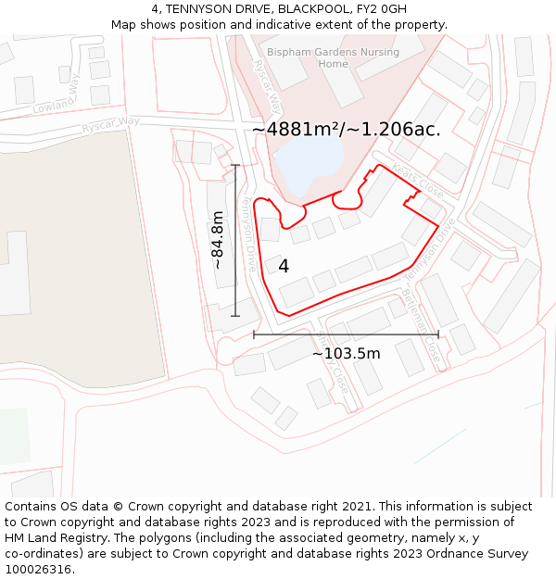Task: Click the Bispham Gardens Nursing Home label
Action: click(333, 57)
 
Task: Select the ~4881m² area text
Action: click(345, 130)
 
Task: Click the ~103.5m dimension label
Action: click(346, 353)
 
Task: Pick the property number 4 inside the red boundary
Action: click(284, 266)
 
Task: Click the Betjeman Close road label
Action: click(421, 323)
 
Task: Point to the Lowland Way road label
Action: click(58, 94)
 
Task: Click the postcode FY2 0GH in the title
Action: click(381, 8)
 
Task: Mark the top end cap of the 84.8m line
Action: click(235, 165)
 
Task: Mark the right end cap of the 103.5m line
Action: click(438, 334)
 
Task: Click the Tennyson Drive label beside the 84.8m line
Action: click(248, 232)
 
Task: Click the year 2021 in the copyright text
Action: click(356, 507)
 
